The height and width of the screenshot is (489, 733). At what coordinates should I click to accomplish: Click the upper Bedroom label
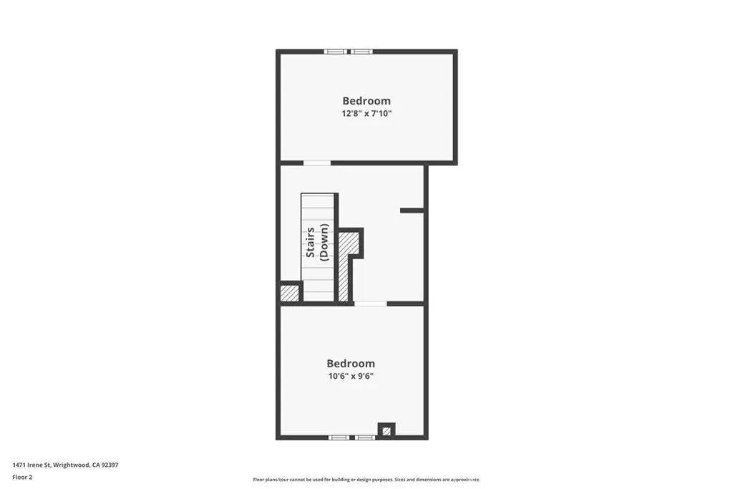pos(366,100)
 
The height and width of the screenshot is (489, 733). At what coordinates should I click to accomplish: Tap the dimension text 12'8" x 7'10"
pos(366,113)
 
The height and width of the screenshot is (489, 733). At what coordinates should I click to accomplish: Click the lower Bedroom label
pos(351,363)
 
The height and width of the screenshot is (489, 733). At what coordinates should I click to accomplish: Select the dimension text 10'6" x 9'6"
pos(351,376)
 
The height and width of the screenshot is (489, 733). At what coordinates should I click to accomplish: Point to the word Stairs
pos(309,242)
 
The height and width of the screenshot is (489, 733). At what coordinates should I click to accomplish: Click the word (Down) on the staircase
pos(324,242)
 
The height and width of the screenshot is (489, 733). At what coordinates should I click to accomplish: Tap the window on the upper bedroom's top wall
pos(349,52)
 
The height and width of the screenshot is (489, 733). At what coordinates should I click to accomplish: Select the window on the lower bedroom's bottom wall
pos(352,437)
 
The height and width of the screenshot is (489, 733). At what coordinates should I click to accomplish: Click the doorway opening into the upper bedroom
pos(317,163)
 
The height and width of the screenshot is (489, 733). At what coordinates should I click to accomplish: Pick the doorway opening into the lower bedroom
pos(370,304)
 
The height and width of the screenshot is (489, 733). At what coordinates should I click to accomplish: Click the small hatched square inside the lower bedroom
pos(387,431)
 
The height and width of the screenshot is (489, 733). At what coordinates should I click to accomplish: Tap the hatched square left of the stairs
pos(289,293)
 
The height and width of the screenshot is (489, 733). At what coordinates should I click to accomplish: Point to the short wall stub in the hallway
pos(412,210)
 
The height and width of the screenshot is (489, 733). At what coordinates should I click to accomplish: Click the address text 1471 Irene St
pos(31,465)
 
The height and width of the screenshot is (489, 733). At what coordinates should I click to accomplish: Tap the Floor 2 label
pos(22,478)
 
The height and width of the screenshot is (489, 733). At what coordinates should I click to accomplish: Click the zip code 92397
pos(110,465)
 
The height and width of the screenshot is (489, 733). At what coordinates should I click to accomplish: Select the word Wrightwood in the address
pos(71,465)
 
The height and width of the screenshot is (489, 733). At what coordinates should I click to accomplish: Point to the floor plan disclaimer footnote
pos(366,480)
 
